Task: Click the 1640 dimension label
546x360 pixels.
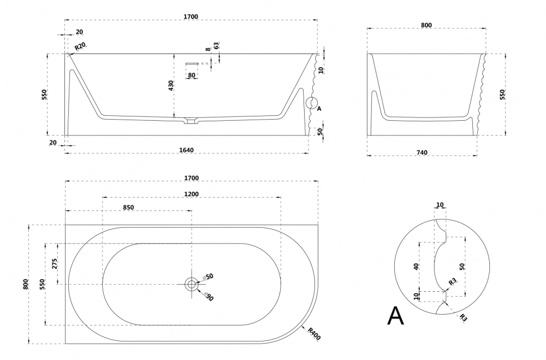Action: click(x=186, y=150)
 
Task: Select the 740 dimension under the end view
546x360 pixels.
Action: click(x=422, y=152)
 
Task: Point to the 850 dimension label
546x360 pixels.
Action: click(x=128, y=207)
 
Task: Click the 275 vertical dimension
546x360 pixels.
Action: click(x=55, y=264)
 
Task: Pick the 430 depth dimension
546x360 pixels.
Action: click(x=171, y=86)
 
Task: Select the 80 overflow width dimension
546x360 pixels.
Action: click(x=192, y=75)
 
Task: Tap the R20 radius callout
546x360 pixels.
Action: click(x=80, y=46)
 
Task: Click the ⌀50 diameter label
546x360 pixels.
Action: click(x=207, y=277)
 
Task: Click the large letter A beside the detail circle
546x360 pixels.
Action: click(x=395, y=316)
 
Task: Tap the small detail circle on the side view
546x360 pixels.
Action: click(x=311, y=103)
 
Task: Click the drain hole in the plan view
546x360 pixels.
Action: click(x=191, y=284)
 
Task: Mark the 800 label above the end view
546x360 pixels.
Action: click(x=426, y=25)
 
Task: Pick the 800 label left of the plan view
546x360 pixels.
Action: click(x=26, y=284)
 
